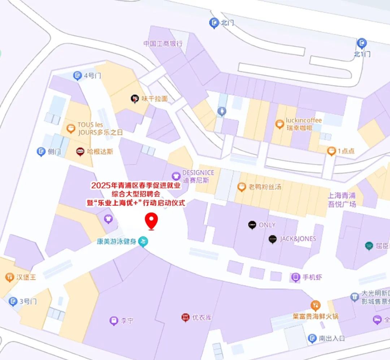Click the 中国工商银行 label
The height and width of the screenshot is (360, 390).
pos(163,44)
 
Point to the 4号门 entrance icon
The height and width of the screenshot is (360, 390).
pos(77,75)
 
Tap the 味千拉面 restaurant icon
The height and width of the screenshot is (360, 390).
pos(135,98)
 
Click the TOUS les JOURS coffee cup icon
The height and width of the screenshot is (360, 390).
pos(71,128)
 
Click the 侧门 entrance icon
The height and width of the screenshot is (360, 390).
pos(41,152)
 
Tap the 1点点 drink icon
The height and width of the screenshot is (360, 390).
pos(331,151)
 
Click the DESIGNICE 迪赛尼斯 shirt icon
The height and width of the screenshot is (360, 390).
pos(176,176)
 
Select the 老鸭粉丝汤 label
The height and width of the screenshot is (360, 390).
pos(265,187)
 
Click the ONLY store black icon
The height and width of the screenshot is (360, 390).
pos(252,225)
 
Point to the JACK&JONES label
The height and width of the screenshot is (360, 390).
pos(298,239)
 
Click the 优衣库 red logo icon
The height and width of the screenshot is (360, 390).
pos(185,317)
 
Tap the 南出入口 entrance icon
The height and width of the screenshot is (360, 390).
pos(312,338)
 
